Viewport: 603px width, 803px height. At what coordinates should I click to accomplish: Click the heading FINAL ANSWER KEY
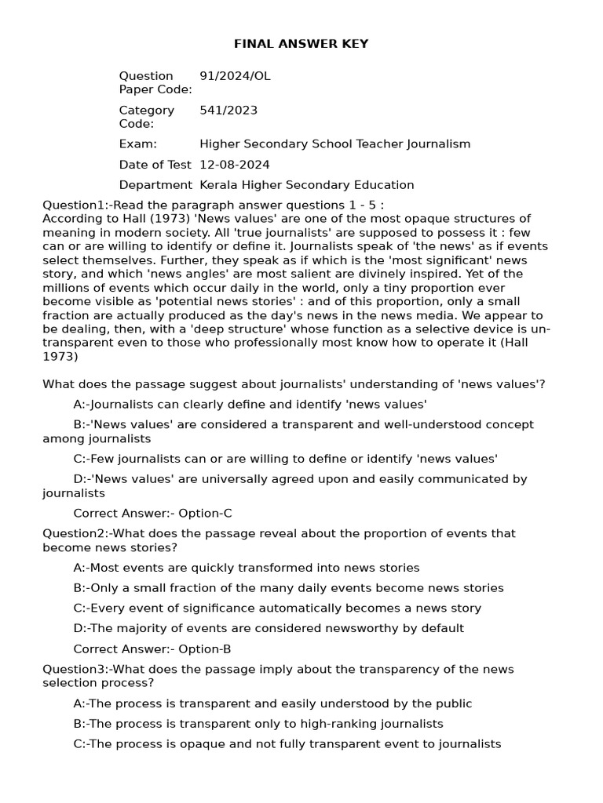coord(301,44)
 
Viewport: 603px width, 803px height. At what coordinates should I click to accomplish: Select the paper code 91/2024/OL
coord(235,76)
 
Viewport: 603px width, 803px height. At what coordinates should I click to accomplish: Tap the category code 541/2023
coord(228,111)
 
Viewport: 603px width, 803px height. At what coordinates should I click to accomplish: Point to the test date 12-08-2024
coord(235,165)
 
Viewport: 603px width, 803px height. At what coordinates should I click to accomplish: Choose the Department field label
coord(155,185)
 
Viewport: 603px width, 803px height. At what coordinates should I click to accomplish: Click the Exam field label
coord(138,144)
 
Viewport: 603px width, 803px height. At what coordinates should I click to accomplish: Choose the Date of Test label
coord(155,165)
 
